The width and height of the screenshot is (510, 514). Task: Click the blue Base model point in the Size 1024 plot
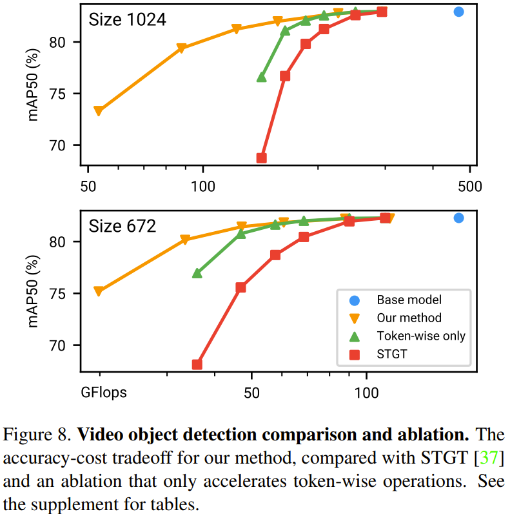459,12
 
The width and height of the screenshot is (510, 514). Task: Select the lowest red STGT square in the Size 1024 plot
262,158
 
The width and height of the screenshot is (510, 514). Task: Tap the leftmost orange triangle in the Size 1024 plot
99,111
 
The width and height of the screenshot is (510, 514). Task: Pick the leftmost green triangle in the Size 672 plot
197,273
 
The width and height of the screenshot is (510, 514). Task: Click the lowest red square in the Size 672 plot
197,365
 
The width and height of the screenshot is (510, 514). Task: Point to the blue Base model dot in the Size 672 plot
459,218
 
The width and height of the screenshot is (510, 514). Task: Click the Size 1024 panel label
127,19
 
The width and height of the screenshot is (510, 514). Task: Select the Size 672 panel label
123,226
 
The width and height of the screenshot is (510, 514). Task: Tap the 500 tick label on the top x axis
469,184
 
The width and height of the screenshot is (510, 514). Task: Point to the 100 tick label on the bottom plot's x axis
366,391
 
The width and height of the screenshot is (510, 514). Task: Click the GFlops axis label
104,391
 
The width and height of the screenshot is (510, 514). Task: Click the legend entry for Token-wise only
421,336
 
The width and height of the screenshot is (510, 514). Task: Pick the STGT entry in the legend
391,354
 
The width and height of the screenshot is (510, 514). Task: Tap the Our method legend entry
409,318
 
